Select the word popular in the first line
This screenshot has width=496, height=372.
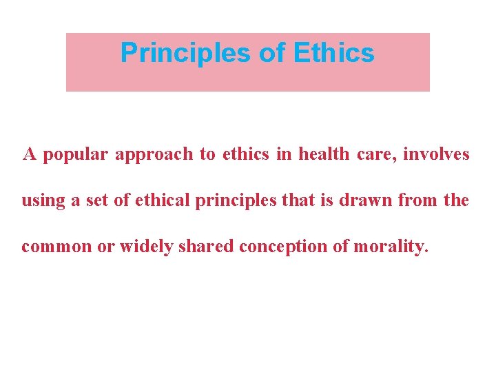tap(76, 155)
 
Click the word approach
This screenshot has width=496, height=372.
tap(154, 155)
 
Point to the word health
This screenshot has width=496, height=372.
tap(324, 154)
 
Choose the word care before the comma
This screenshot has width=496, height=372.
tap(377, 155)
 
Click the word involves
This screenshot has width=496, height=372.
tap(436, 154)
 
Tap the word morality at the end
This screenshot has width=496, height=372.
tap(391, 247)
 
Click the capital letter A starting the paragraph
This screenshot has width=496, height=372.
tap(30, 154)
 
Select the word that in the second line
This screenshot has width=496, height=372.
tap(283, 201)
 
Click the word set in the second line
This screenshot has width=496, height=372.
tap(94, 201)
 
